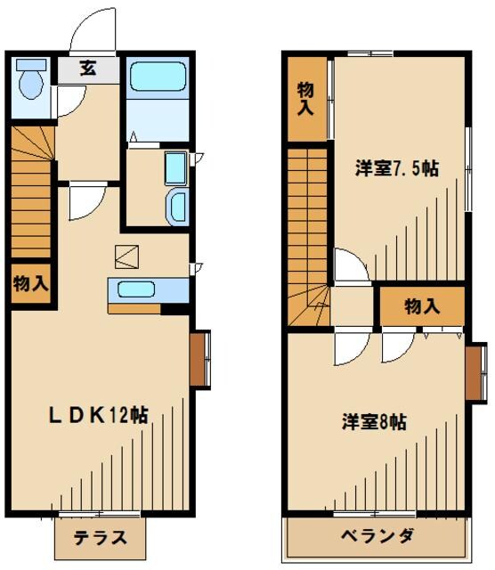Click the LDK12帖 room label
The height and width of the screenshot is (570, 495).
tap(98, 414)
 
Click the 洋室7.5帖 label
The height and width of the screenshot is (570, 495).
tap(398, 168)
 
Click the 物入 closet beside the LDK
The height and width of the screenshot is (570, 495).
tap(30, 284)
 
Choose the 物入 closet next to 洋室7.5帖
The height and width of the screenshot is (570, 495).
tap(305, 98)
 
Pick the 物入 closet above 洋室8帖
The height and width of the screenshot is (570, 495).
tap(422, 306)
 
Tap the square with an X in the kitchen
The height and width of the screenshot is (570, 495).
tap(126, 256)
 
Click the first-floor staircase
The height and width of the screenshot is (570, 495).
tap(33, 191)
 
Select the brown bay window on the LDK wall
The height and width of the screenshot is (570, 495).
tap(200, 359)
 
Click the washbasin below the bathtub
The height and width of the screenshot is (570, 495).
tap(176, 205)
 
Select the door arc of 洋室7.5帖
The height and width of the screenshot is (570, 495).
tap(349, 266)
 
